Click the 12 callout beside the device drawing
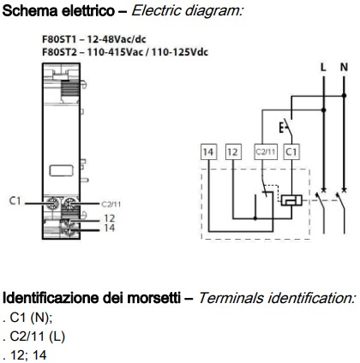[109, 219]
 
